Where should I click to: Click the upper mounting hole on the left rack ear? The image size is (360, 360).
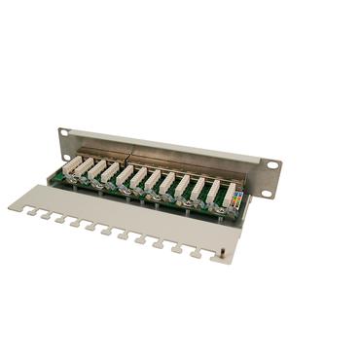64,133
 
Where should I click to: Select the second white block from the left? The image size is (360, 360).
96,170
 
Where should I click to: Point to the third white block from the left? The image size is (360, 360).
111,173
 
